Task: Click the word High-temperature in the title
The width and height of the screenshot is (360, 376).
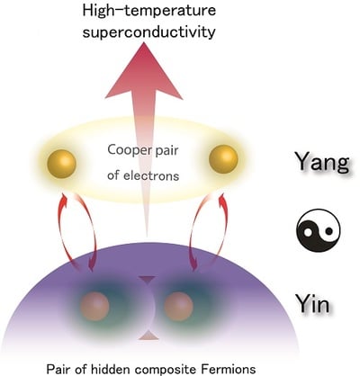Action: point(149,11)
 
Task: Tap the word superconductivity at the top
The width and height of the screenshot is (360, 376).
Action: point(149,31)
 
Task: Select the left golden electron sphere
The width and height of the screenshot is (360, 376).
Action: point(61,165)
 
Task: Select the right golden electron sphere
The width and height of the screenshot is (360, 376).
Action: point(223,159)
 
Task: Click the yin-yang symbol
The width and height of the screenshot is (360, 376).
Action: point(319,230)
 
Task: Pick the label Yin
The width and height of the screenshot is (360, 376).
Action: point(312,303)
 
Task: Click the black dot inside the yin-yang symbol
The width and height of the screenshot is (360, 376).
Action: point(329,231)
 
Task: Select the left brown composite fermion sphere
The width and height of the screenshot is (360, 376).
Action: point(94,307)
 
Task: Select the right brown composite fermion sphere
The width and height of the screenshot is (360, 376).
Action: point(178,307)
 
